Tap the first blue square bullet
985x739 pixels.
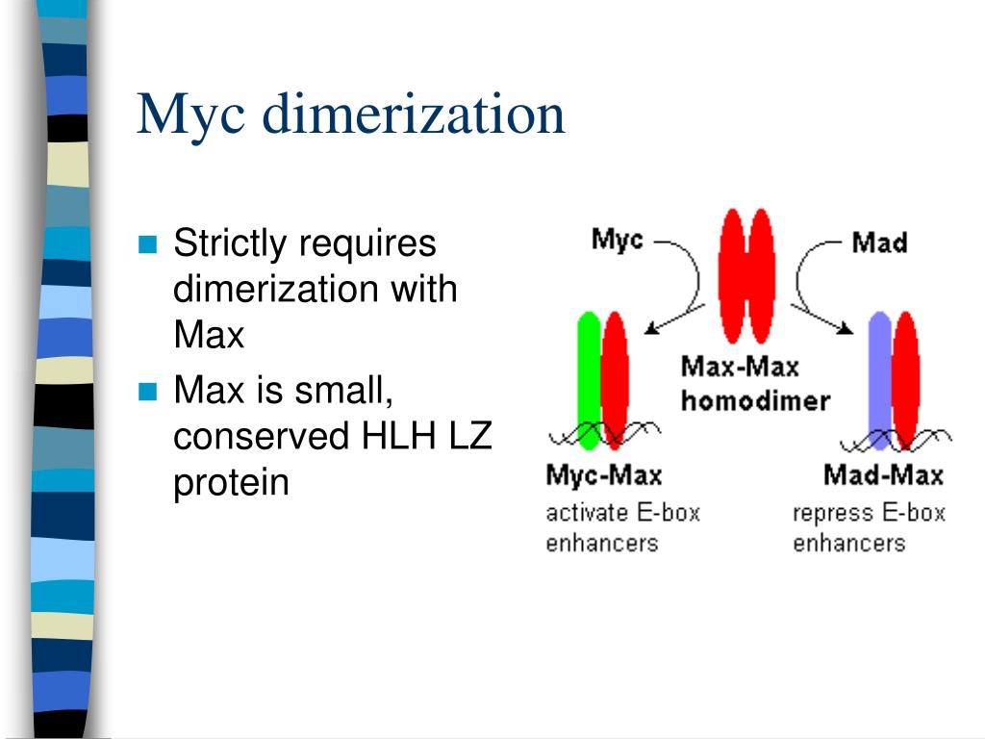tap(147, 243)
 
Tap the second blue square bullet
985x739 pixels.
tap(147, 391)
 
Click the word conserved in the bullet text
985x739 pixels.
tap(261, 437)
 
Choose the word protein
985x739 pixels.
tap(231, 482)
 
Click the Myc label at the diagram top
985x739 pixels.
tap(617, 239)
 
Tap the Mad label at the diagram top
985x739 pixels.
tap(879, 242)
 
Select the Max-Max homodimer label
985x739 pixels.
tap(753, 382)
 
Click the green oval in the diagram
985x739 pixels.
tap(588, 380)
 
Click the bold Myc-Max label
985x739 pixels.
tap(603, 474)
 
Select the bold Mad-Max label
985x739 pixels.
tap(883, 474)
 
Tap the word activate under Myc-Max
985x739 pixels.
tap(585, 512)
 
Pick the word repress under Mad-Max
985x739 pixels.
tap(827, 512)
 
